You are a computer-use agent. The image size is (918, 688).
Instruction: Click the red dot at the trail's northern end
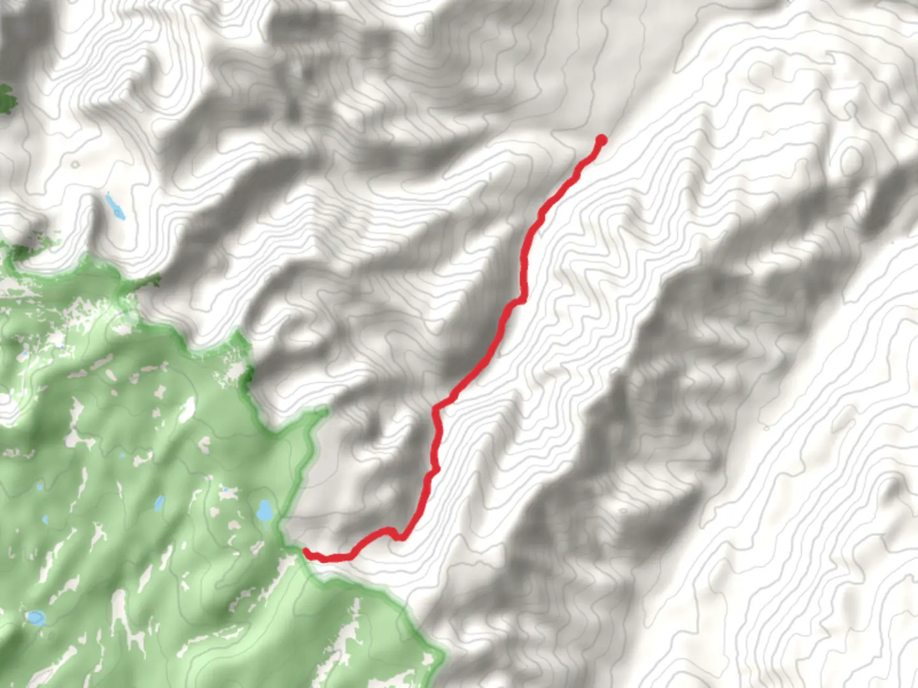click(601, 140)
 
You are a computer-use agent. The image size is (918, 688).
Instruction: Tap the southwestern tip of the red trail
click(306, 551)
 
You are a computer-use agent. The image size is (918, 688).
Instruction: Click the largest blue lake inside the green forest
click(264, 511)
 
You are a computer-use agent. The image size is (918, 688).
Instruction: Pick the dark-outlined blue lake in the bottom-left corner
click(35, 617)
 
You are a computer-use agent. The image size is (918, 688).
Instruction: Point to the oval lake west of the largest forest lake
click(159, 505)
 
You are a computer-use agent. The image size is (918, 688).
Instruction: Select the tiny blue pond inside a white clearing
click(40, 487)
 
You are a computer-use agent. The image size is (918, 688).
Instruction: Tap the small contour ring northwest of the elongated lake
click(75, 164)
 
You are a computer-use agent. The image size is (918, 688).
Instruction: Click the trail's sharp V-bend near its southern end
click(399, 537)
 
